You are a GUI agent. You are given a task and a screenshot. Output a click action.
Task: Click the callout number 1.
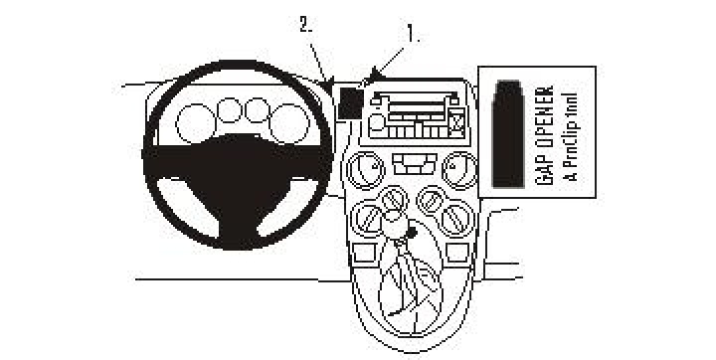click(412, 33)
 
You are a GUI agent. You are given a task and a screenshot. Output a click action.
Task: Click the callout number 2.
click(306, 25)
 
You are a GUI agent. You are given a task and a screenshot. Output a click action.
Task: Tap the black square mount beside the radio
click(349, 100)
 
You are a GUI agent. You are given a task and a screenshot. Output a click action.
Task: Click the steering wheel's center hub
click(238, 160)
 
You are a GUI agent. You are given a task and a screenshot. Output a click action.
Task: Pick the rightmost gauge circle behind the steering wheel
click(292, 121)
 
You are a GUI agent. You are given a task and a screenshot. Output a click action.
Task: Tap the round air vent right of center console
click(458, 167)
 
